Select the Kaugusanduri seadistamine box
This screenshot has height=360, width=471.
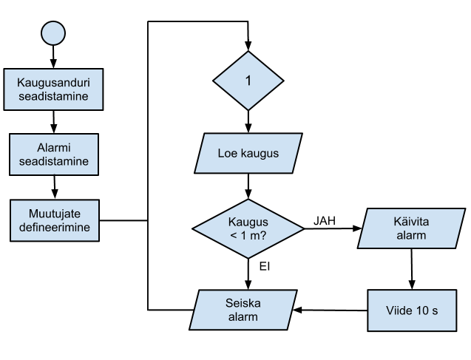(53, 88)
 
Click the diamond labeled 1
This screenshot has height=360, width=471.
(248, 81)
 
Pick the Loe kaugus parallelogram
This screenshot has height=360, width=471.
(248, 153)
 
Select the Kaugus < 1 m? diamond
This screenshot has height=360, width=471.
(248, 228)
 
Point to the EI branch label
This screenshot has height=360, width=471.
(264, 265)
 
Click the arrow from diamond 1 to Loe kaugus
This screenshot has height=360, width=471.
(248, 120)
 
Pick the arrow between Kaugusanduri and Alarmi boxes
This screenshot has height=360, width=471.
(53, 120)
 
